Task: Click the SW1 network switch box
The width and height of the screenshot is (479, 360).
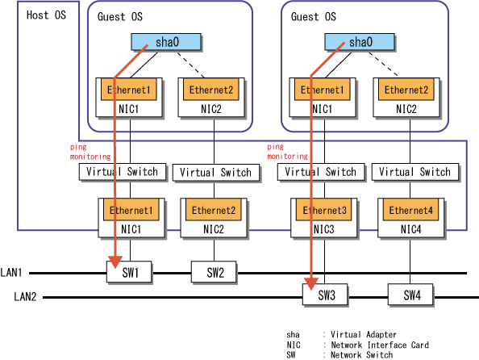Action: [x=129, y=271]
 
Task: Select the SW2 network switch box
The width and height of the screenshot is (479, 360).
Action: [x=214, y=271]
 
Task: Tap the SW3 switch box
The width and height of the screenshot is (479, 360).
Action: [x=325, y=295]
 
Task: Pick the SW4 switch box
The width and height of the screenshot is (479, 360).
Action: [x=410, y=295]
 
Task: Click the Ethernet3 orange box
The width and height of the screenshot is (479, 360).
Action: [x=324, y=210]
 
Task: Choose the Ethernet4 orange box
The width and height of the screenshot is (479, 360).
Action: [x=411, y=210]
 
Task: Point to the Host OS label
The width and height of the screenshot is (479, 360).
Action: [x=46, y=15]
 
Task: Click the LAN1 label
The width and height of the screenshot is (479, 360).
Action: [x=11, y=272]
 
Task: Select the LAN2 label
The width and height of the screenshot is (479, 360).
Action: [x=25, y=296]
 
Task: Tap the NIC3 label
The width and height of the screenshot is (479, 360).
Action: [x=324, y=229]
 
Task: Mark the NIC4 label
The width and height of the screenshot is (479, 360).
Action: [x=411, y=229]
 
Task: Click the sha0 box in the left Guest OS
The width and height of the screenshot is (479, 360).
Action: [x=166, y=42]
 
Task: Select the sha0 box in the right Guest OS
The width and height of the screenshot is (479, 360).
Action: [x=360, y=42]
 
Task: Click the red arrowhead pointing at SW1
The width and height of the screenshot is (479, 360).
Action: [x=115, y=262]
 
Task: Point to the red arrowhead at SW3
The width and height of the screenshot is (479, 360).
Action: [x=311, y=284]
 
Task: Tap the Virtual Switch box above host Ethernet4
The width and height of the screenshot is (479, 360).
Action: [x=415, y=172]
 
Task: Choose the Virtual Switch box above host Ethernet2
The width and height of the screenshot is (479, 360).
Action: [x=216, y=173]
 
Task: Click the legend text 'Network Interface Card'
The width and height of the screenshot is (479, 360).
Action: [x=380, y=345]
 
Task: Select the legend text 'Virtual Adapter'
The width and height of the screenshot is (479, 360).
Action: [x=364, y=335]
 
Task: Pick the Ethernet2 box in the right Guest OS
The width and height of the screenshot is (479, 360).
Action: [x=406, y=90]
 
